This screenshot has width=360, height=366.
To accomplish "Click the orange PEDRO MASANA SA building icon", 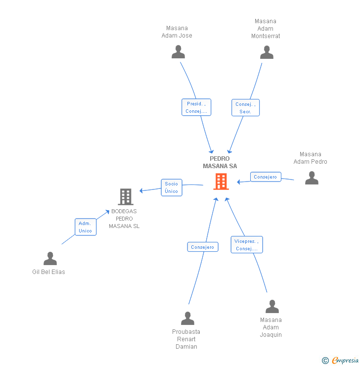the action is click(x=221, y=182).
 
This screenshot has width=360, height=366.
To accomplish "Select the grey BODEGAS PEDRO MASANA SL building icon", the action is click(x=126, y=197).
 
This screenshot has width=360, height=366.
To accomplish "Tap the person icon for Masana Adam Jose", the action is click(x=178, y=52).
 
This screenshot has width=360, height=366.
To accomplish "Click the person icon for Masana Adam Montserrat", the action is click(x=267, y=52).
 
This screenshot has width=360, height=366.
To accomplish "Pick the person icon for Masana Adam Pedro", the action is click(x=312, y=178).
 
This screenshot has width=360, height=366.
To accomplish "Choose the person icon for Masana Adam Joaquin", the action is click(x=272, y=307).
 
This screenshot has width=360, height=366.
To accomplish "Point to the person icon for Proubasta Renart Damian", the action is click(x=187, y=319).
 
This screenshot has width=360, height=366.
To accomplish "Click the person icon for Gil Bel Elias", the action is click(x=50, y=258).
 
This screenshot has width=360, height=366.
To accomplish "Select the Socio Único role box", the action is click(x=172, y=187).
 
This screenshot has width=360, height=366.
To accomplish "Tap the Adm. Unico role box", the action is click(x=86, y=227).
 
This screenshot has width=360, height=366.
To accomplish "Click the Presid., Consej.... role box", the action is click(x=196, y=107).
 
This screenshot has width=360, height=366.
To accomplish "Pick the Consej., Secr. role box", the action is click(x=245, y=108).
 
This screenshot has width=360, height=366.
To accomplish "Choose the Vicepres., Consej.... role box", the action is click(x=247, y=245).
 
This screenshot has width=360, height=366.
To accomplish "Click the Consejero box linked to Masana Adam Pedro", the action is click(x=266, y=177).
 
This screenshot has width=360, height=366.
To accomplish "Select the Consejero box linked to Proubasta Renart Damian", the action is click(x=203, y=247).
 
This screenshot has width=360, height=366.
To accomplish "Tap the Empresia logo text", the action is click(x=345, y=360).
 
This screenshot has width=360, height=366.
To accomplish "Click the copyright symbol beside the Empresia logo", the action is click(x=325, y=361).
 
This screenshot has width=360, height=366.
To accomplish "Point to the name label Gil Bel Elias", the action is click(x=48, y=272).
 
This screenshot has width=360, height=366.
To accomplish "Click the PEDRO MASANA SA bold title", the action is click(x=220, y=162).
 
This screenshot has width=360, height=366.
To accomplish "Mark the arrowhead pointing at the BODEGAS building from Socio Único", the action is click(x=141, y=191).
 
